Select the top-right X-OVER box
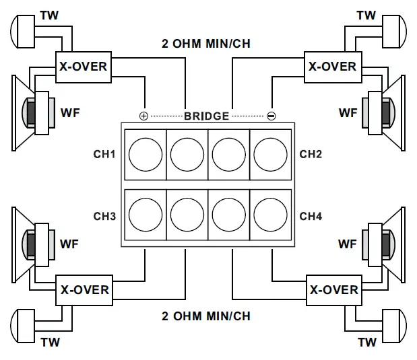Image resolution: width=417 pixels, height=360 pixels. (332, 67)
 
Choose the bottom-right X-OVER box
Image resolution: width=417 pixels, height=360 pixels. (333, 290)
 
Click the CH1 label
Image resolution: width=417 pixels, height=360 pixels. (104, 155)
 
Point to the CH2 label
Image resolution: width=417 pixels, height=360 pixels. (311, 155)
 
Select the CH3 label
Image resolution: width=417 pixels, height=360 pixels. (104, 217)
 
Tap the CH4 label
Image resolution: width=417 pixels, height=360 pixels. (311, 217)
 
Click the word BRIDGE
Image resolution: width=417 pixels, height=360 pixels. (207, 116)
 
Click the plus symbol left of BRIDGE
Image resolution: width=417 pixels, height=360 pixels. (143, 116)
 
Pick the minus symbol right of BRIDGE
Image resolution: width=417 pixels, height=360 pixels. (271, 116)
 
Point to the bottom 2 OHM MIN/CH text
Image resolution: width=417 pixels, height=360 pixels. (206, 316)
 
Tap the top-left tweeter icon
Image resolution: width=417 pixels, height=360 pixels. (26, 30)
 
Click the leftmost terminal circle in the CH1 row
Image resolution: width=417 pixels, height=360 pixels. (146, 155)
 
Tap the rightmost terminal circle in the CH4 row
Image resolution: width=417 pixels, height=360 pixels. (270, 215)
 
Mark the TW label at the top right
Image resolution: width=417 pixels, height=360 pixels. (366, 15)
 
